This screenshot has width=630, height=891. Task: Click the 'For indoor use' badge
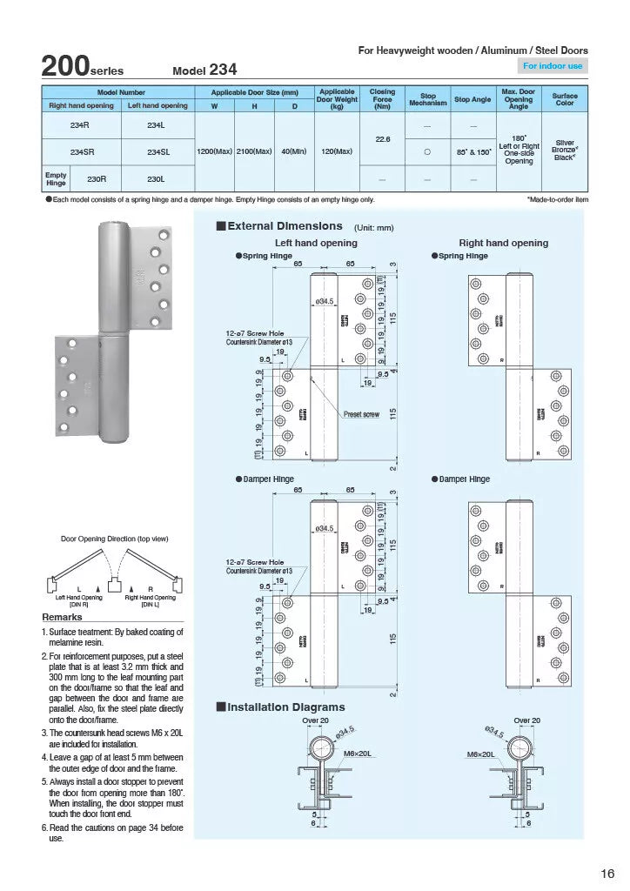[x=554, y=66]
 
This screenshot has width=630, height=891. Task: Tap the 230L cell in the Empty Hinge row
[x=157, y=179]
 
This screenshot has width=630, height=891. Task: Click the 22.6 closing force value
[x=381, y=137]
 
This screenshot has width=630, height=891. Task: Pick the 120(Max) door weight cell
[x=336, y=151]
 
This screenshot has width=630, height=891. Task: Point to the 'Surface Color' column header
[x=564, y=98]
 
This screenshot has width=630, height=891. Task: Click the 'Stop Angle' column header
[x=473, y=99]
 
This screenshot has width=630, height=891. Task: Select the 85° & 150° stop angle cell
[x=473, y=151]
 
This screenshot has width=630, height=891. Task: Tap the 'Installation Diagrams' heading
[x=285, y=707]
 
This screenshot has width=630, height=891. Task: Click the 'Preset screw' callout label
[x=361, y=414]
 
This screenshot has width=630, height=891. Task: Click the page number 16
[x=607, y=873]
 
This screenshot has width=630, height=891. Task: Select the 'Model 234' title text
[x=204, y=70]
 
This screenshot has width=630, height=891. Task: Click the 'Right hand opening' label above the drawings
[x=503, y=243]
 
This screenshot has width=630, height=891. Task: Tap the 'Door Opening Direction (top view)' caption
[x=114, y=539]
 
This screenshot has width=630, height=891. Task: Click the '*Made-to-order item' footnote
[x=557, y=199]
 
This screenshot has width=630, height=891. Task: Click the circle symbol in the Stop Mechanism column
[x=427, y=151]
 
